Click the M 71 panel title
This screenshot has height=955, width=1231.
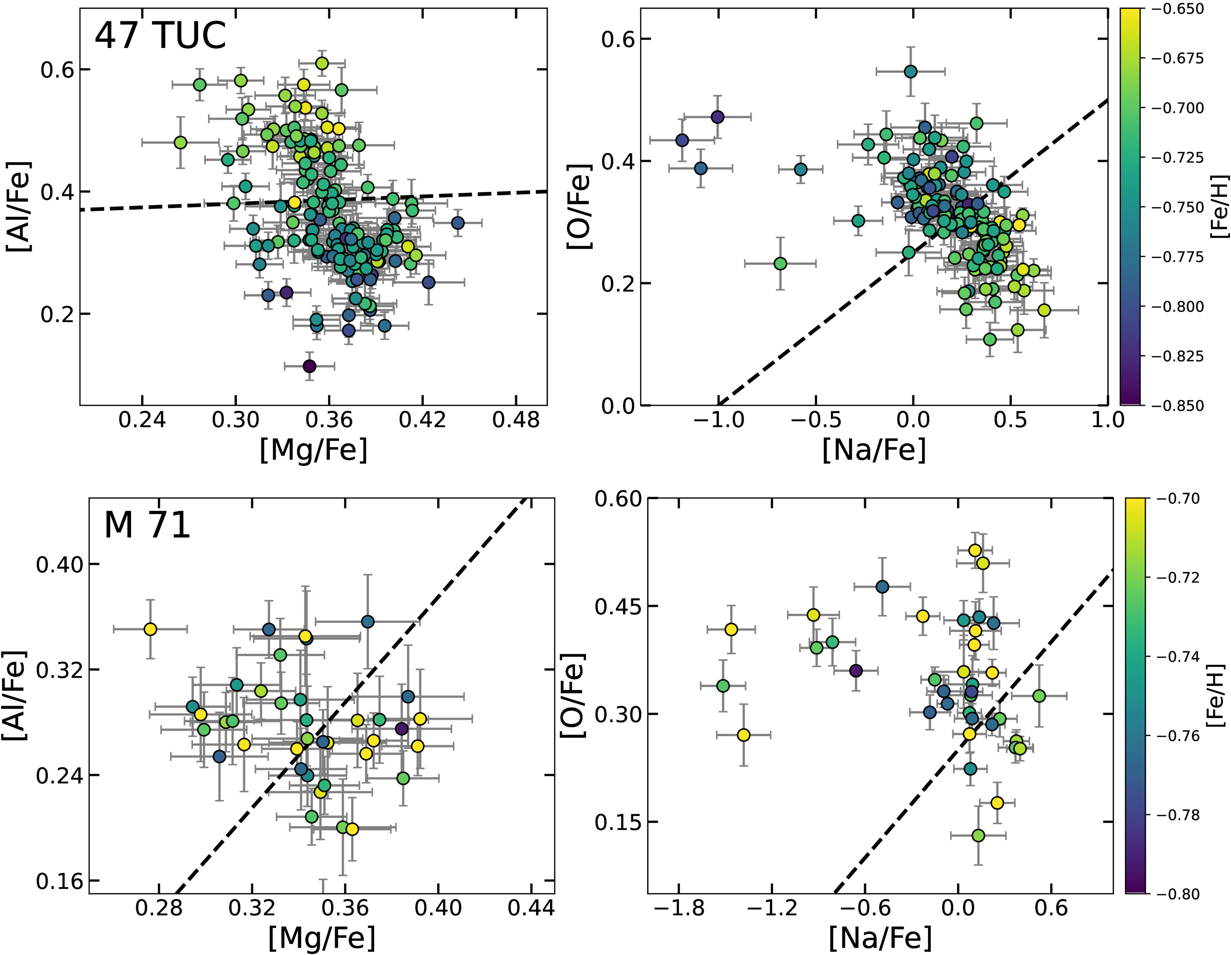147,525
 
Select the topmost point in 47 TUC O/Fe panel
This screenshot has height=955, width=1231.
911,71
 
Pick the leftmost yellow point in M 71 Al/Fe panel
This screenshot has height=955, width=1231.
150,629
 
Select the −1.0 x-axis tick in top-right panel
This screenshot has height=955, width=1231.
719,420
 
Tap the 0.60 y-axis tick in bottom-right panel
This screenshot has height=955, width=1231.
618,499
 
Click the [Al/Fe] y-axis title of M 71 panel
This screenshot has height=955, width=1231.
15,695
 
